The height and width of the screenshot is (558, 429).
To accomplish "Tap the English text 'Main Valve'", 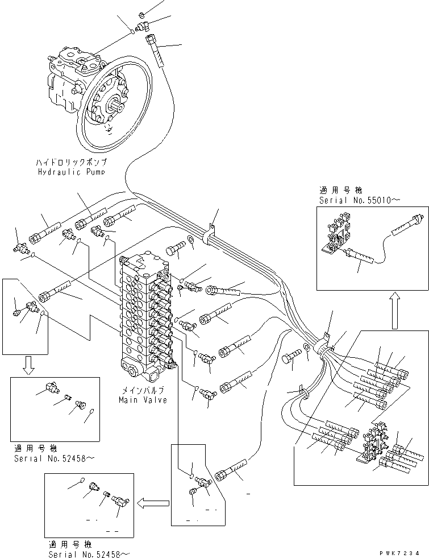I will (x=143, y=400).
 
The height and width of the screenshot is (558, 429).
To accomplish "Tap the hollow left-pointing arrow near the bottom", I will (x=153, y=502).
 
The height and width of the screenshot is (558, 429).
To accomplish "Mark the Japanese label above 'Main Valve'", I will (x=143, y=391).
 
